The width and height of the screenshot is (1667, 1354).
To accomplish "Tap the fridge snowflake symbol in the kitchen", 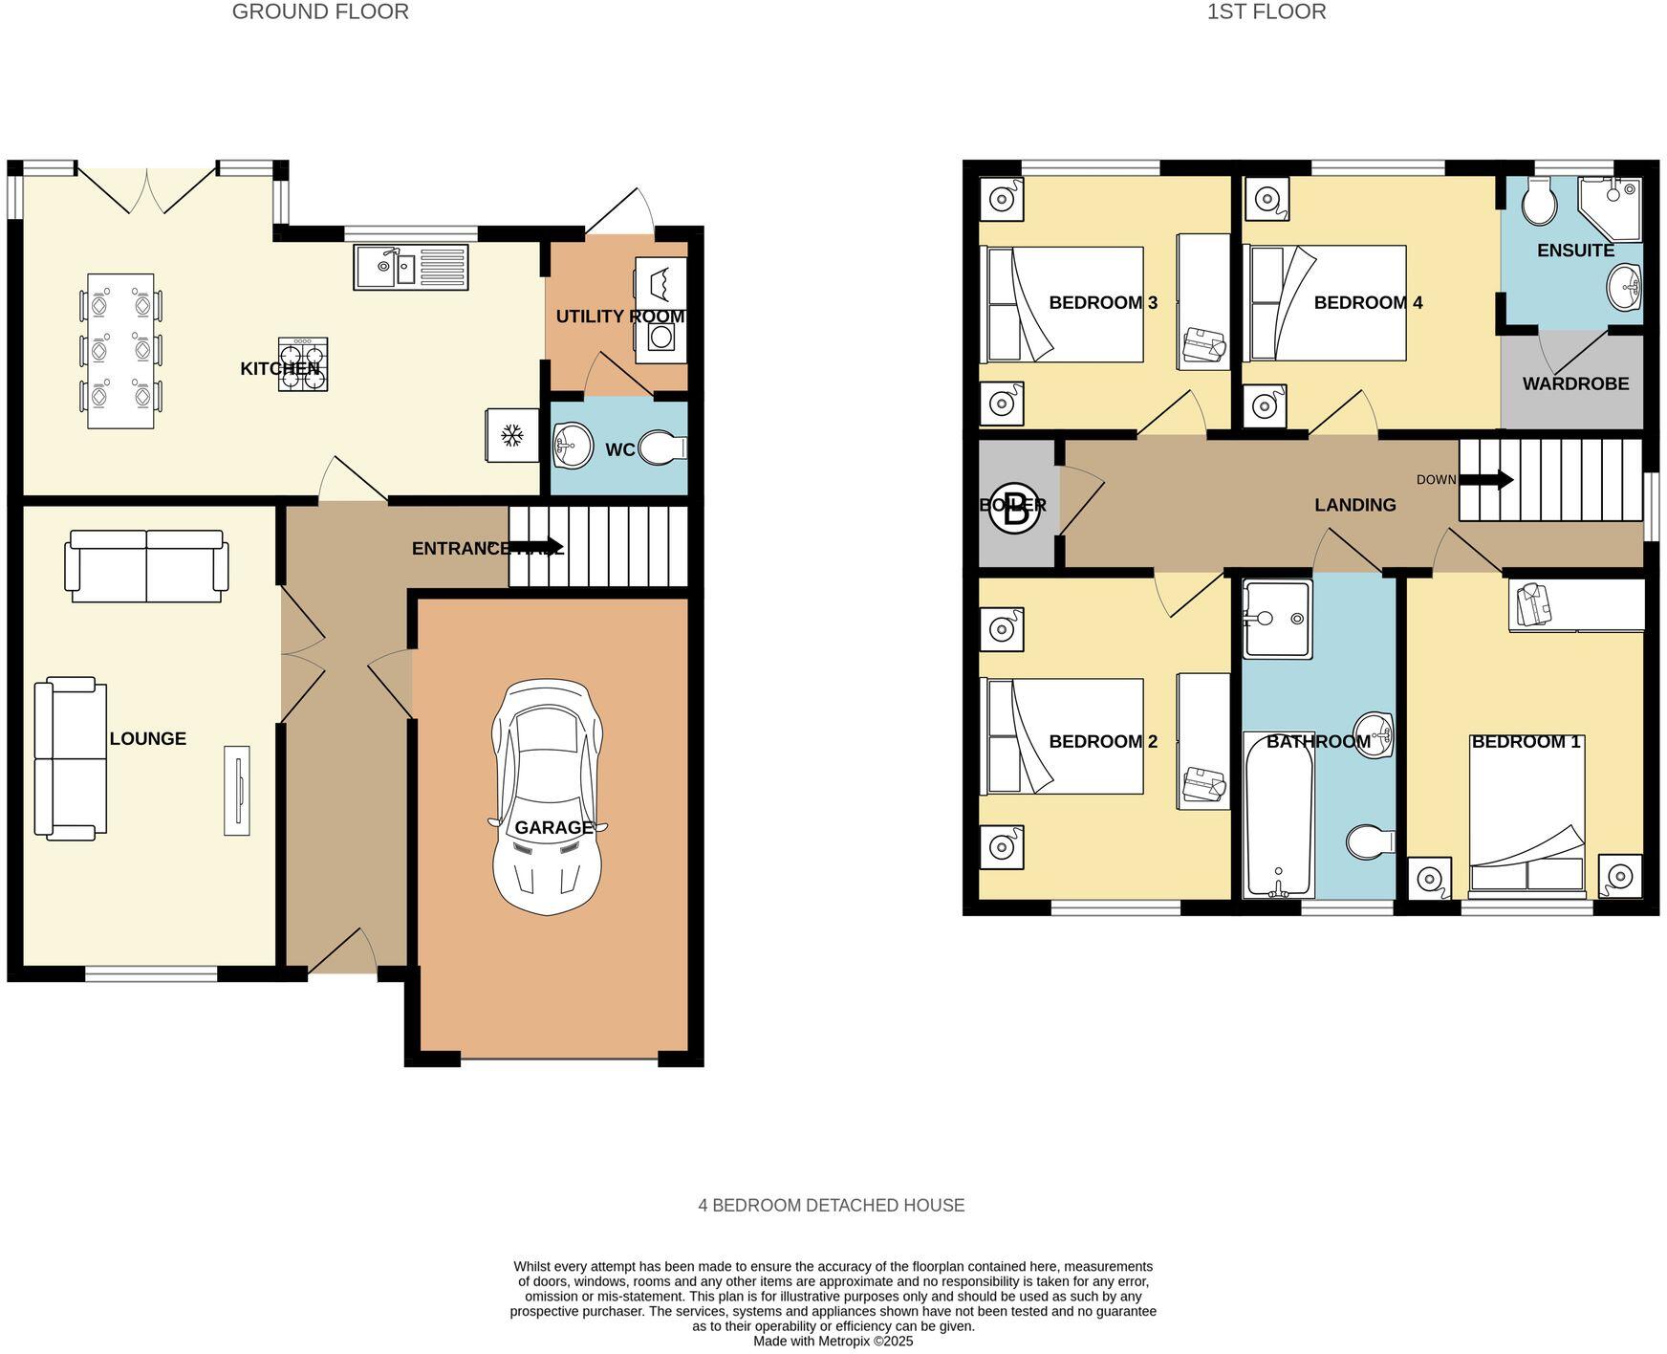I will pyautogui.click(x=512, y=436).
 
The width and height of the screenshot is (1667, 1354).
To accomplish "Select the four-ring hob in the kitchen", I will pyautogui.click(x=303, y=364).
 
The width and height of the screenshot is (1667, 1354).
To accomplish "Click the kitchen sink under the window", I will pyautogui.click(x=410, y=267).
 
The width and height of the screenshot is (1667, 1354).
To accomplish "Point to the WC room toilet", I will pyautogui.click(x=662, y=448).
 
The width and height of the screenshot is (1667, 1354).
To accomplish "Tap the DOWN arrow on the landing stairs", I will pyautogui.click(x=1485, y=479).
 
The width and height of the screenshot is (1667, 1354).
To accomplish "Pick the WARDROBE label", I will pyautogui.click(x=1574, y=383).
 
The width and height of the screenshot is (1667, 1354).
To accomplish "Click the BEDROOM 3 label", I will pyautogui.click(x=1102, y=303).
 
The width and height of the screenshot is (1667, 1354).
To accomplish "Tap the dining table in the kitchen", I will pyautogui.click(x=120, y=351).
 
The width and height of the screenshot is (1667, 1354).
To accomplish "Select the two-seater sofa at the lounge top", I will pyautogui.click(x=146, y=566).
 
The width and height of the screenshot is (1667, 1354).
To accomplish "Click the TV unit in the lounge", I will pyautogui.click(x=236, y=790).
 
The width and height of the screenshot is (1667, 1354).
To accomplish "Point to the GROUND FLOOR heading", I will pyautogui.click(x=320, y=12).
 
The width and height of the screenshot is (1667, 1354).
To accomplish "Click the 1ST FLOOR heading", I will pyautogui.click(x=1266, y=12).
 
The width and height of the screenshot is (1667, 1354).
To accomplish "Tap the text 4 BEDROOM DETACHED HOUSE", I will pyautogui.click(x=831, y=1205).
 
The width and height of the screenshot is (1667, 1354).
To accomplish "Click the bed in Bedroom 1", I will pyautogui.click(x=1526, y=818).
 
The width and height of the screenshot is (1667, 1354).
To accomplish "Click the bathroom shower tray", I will pyautogui.click(x=1276, y=619).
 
